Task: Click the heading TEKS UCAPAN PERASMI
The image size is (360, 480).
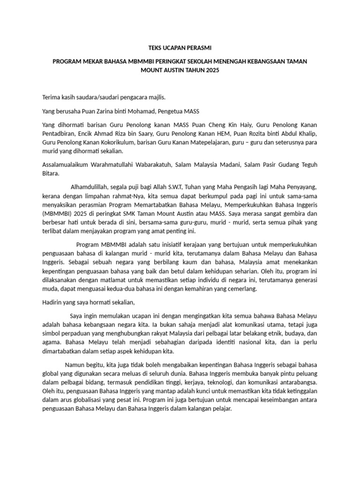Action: [180, 47]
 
